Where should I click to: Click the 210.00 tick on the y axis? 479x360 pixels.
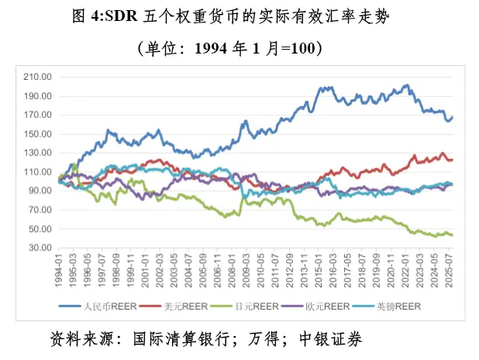coord(38,77)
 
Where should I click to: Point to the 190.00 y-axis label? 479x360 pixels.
coord(38,96)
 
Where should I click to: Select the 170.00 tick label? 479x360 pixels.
coord(38,115)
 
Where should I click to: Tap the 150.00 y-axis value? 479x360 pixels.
coord(38,134)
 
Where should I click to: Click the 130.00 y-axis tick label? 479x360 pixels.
coord(38,153)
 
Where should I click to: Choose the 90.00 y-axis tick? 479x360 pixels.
coord(40,191)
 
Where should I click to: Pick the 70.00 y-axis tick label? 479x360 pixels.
coord(40,210)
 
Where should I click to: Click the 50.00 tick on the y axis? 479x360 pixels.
coord(40,229)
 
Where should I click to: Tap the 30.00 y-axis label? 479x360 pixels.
coord(40,248)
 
